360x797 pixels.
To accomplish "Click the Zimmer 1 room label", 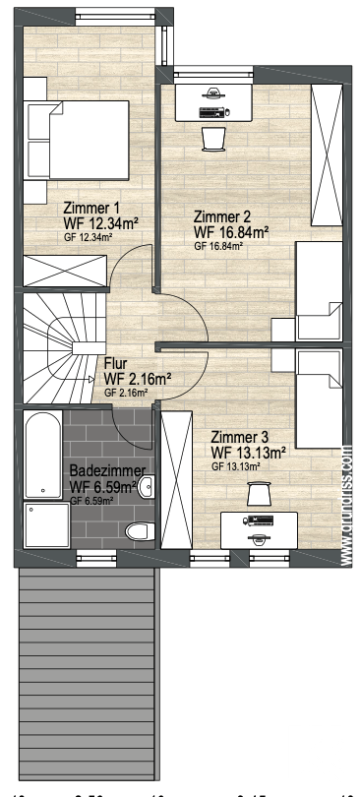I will point(90,208).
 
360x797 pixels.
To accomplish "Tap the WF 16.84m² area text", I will point(232,231).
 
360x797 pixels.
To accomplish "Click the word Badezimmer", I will point(107,469).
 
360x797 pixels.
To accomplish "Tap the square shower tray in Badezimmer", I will point(46,523).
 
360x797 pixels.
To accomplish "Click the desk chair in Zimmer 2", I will point(212,139).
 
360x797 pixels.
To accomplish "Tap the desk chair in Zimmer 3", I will point(259,494).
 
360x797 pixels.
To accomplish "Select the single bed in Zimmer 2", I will point(317,294).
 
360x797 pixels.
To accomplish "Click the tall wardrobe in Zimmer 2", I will point(326,154).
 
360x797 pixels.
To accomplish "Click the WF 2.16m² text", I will point(138,379).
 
